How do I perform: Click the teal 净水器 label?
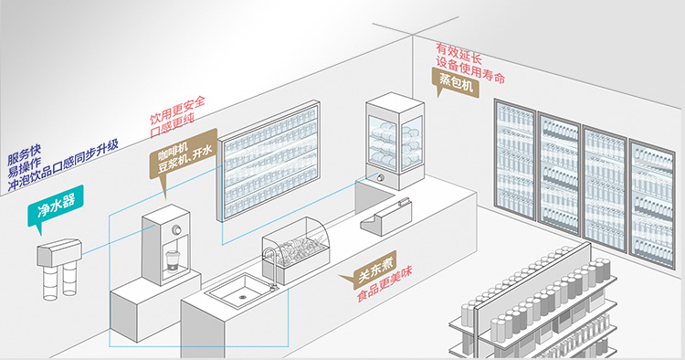pos(56,207)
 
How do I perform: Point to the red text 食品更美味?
pos(385,284)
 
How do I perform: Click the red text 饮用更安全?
pos(178,110)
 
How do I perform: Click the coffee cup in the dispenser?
pos(172,261)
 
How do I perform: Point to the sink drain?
pos(243,297)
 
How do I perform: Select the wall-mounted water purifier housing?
pos(59,252)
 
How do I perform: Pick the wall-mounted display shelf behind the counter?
pos(269,160)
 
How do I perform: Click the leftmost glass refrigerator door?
pos(515,160)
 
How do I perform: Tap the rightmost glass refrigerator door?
pos(652,203)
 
